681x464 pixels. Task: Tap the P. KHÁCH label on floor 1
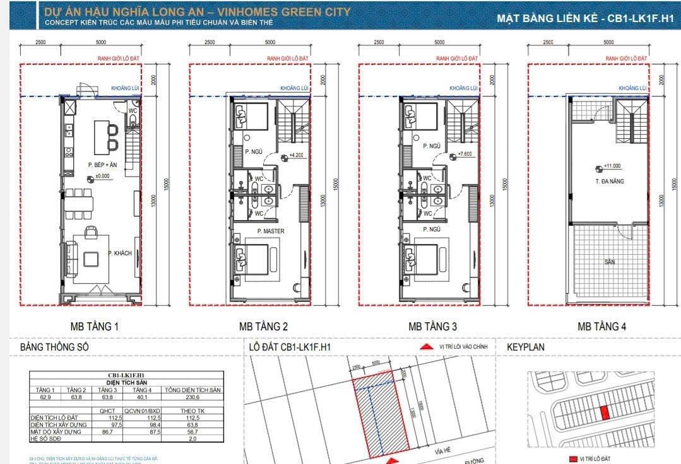(119, 253)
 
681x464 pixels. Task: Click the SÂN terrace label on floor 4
(609, 262)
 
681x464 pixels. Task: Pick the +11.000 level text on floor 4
(612, 166)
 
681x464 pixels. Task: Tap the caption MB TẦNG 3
(432, 327)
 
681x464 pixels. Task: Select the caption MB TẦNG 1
(94, 327)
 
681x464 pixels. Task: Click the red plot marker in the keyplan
(605, 413)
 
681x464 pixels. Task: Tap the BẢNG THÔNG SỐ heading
(55, 347)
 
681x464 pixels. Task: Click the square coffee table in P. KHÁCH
(92, 259)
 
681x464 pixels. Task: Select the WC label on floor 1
(133, 110)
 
